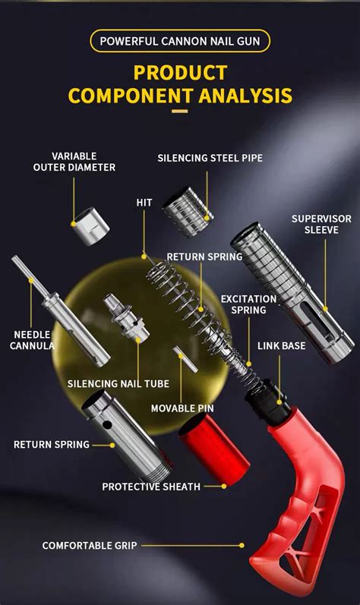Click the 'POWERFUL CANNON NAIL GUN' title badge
click(180, 40)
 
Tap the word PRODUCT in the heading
click(180, 73)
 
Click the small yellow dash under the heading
click(179, 112)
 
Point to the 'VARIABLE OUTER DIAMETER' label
click(74, 162)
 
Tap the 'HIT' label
click(144, 203)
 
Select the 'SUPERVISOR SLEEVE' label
click(321, 224)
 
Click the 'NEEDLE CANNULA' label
click(33, 340)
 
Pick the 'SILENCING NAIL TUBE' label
click(118, 383)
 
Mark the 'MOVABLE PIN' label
click(182, 408)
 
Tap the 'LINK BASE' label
click(281, 345)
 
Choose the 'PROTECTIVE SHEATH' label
click(151, 487)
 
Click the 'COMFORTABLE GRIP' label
click(90, 545)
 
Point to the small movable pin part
click(185, 359)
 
